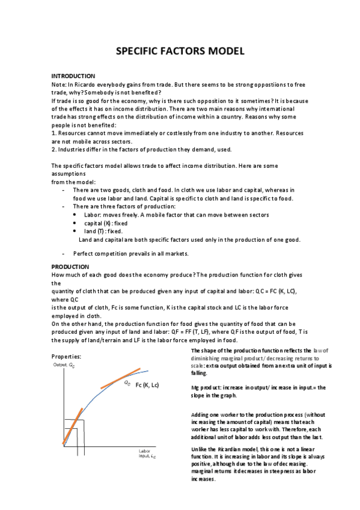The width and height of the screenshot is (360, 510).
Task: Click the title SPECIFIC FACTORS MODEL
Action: click(x=180, y=51)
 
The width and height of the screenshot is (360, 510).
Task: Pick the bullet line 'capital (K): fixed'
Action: click(x=103, y=223)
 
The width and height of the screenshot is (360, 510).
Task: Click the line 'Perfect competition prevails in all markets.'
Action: click(x=130, y=253)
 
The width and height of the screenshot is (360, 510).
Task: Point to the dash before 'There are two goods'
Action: click(x=64, y=190)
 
